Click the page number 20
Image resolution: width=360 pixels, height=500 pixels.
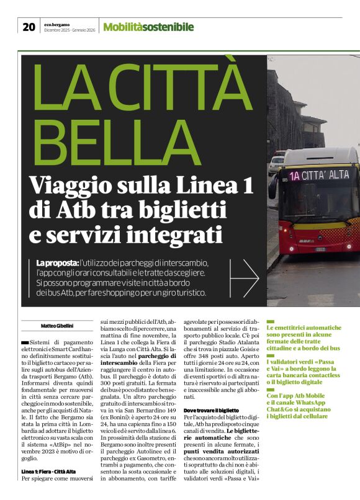coord(29,27)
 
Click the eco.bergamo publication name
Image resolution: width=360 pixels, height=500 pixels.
coord(57,23)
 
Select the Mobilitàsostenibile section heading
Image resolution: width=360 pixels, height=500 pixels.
coord(148,27)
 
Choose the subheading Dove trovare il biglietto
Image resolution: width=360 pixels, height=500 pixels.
coord(211,411)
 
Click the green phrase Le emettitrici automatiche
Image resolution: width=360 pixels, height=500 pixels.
coord(304,327)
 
